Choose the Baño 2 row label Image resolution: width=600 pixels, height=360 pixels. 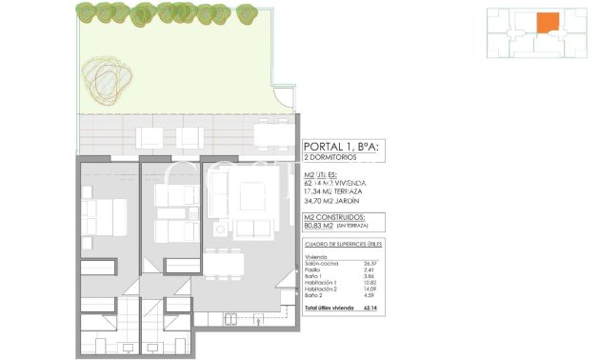pos(313,297)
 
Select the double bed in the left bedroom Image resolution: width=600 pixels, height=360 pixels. pos(105,217)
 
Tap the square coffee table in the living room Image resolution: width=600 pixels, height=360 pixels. pos(251,196)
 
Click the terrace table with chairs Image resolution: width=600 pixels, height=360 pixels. pos(271,135)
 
